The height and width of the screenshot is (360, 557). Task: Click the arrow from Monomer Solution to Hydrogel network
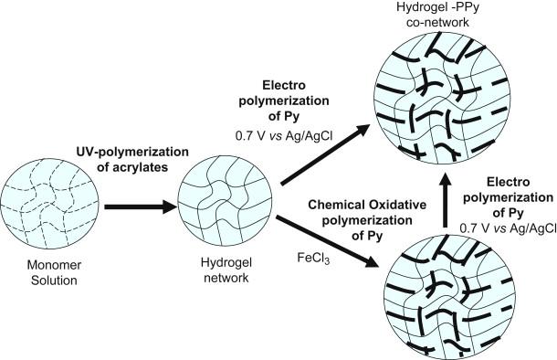coord(140,206)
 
